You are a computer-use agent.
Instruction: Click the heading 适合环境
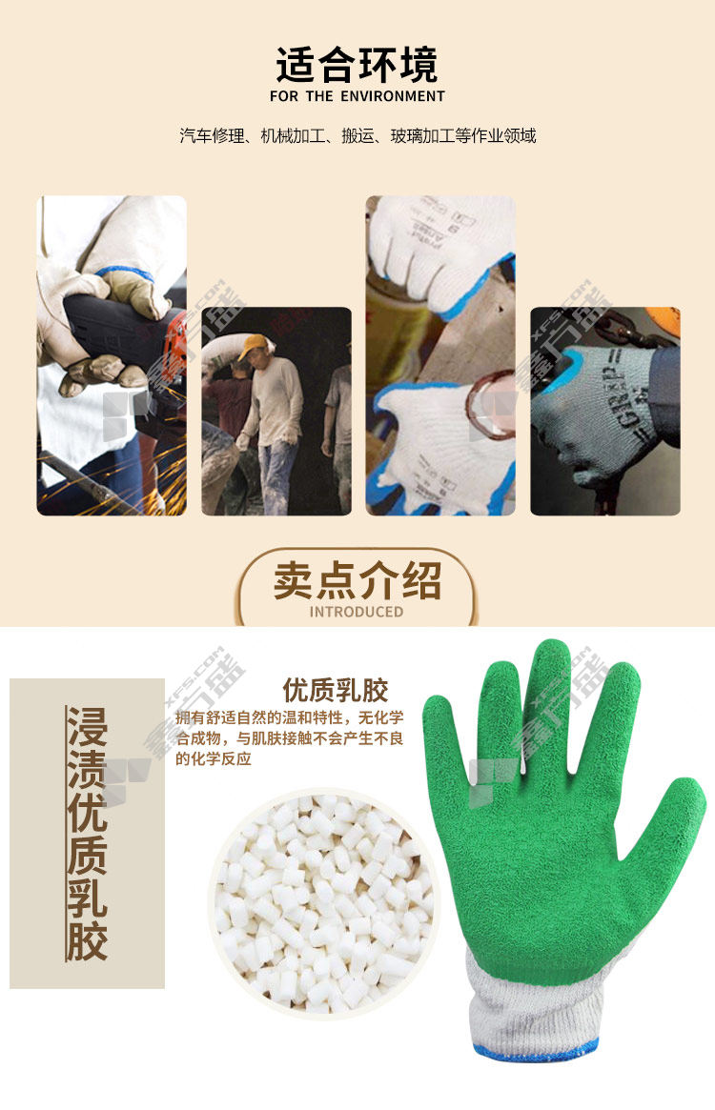tap(357, 65)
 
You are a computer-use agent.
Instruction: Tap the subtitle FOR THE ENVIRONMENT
tap(357, 96)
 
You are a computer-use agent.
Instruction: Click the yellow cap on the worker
tap(253, 347)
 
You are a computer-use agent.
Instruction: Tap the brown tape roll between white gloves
tap(490, 405)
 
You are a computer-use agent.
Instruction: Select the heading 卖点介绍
tap(357, 581)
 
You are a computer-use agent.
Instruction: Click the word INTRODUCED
tap(357, 612)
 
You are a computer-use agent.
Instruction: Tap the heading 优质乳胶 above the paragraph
tap(336, 690)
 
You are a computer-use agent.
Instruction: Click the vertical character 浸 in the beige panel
tap(87, 727)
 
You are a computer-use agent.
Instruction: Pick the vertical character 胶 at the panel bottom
tap(87, 940)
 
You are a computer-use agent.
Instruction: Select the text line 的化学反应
tap(214, 759)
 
